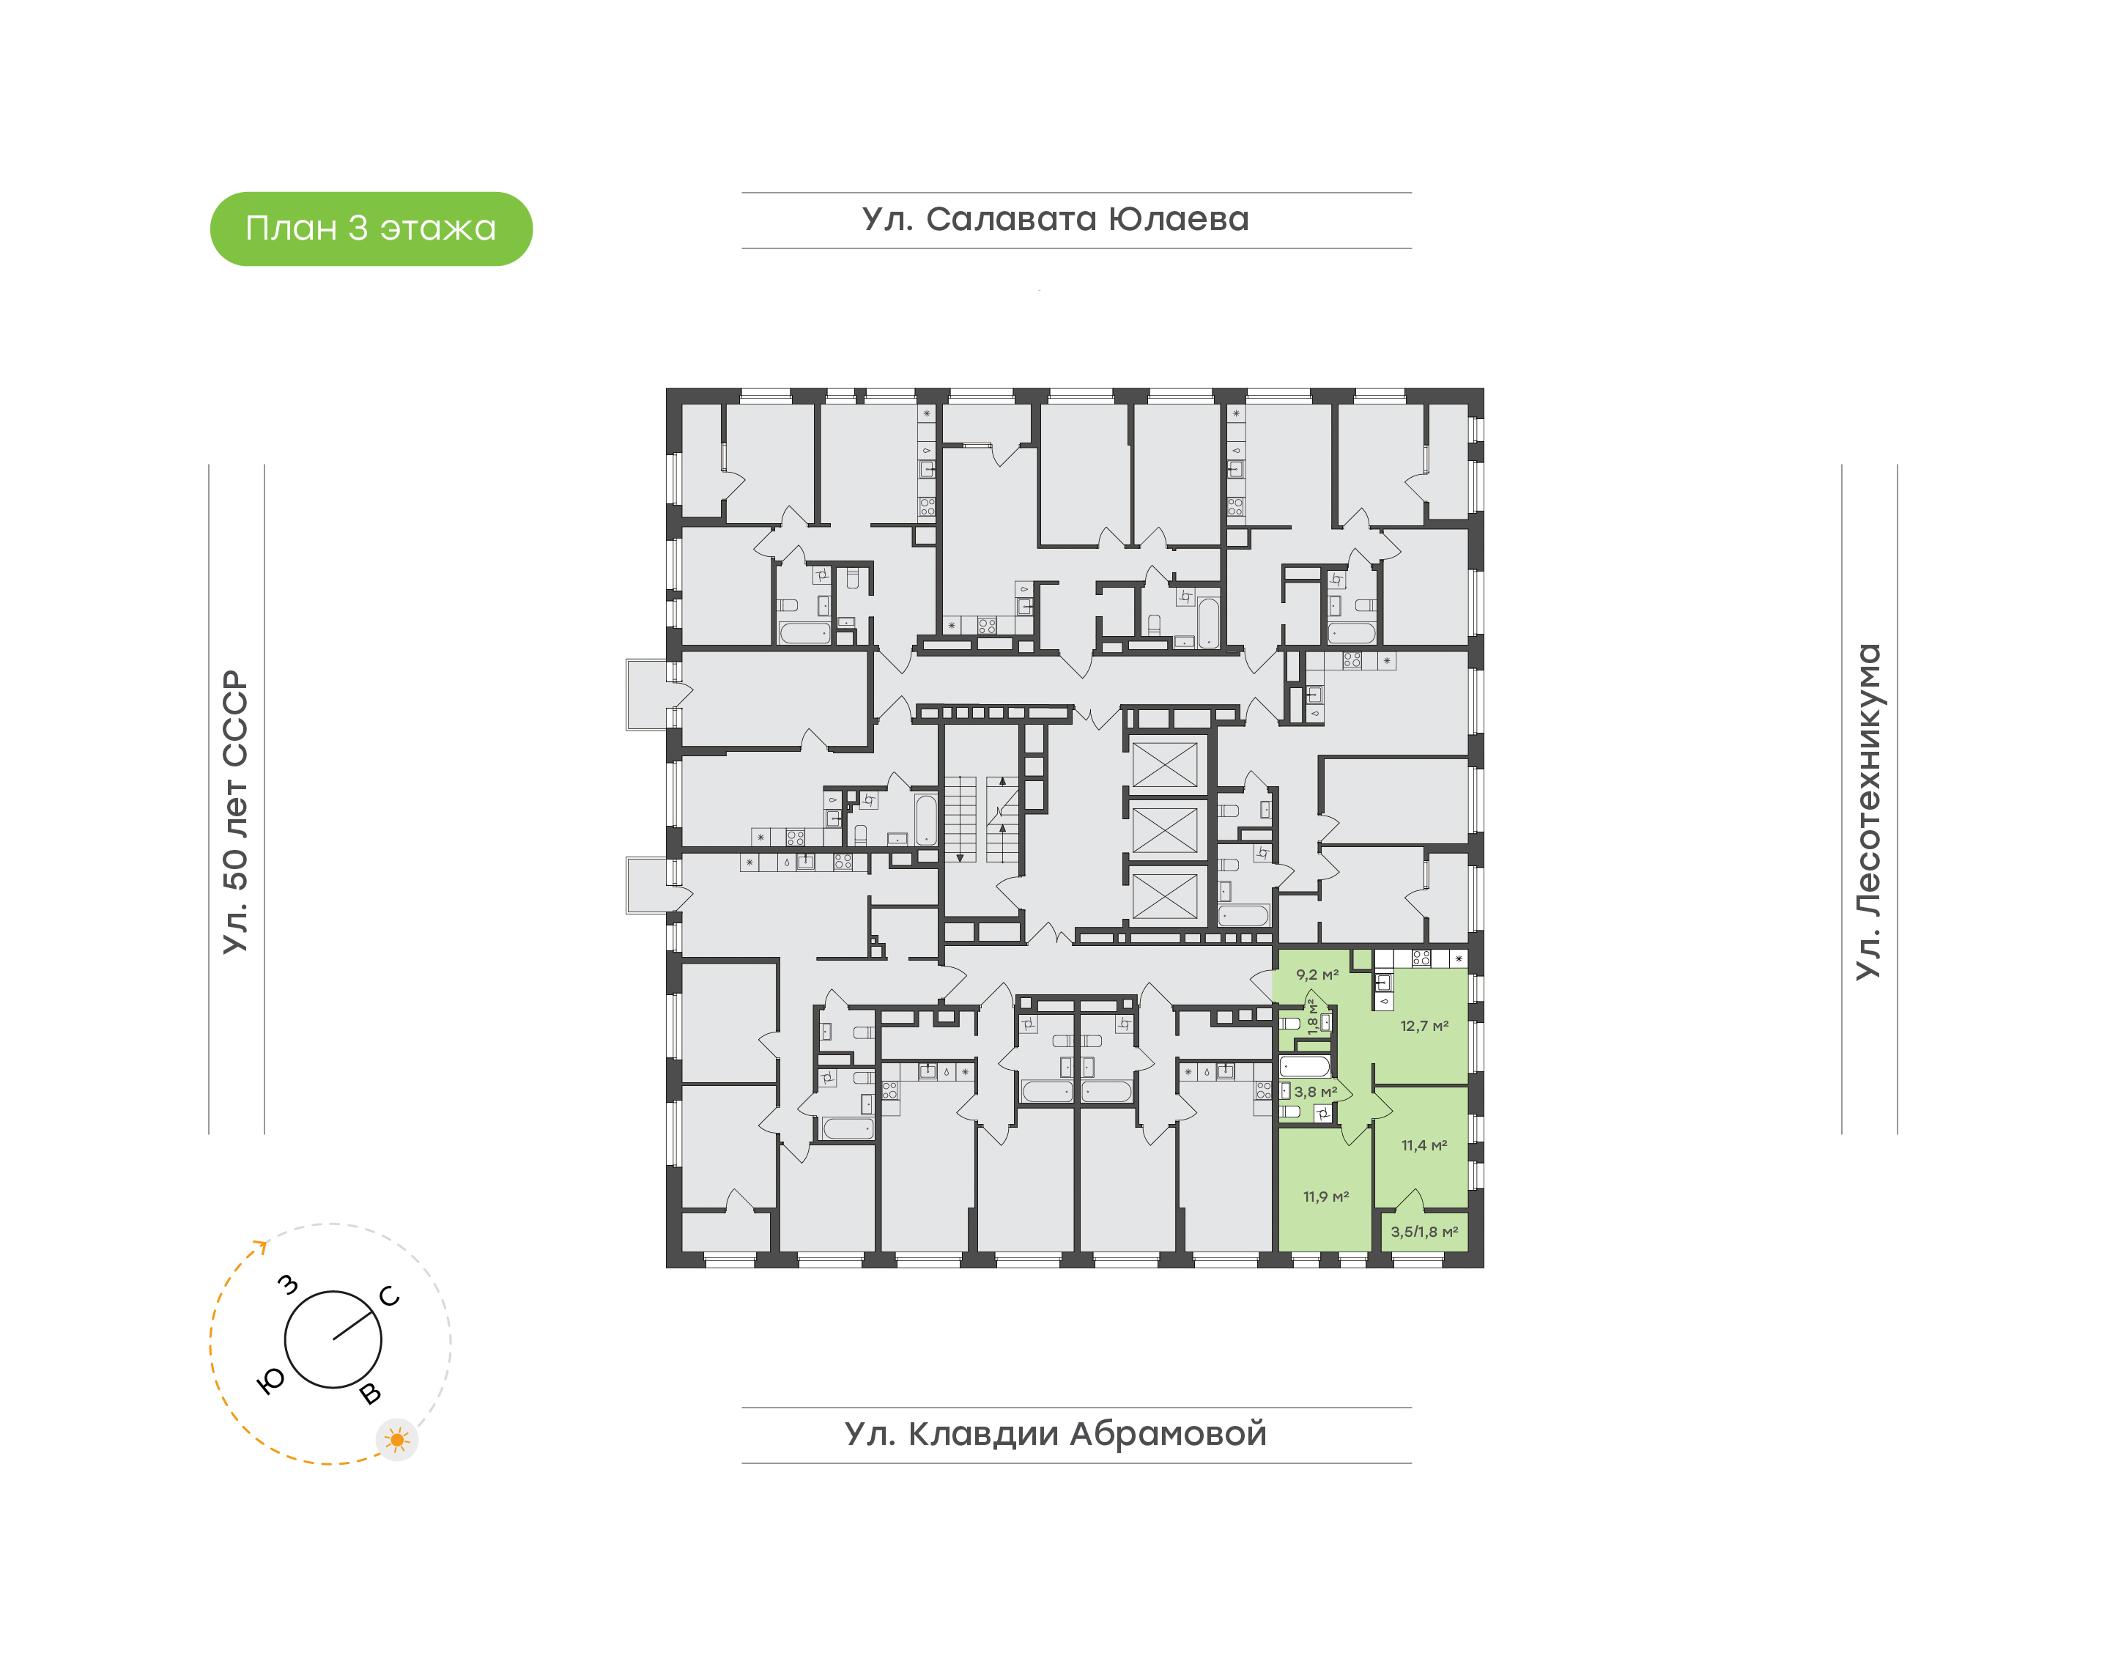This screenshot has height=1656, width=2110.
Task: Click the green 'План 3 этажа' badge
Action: pos(371,229)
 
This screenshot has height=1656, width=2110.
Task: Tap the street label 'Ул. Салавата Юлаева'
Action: pos(1056,219)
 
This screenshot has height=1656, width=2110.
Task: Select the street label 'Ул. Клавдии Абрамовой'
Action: pos(1056,1434)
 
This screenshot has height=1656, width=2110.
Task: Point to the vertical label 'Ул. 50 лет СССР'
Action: pos(235,812)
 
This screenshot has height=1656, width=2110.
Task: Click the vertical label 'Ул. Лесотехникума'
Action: pos(1867,812)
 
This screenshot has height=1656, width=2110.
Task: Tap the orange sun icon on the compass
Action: pos(396,1440)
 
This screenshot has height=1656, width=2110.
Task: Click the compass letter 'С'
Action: pos(390,1296)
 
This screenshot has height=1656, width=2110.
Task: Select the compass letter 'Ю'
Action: pos(271,1382)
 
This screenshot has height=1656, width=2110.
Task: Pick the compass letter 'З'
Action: pos(288,1284)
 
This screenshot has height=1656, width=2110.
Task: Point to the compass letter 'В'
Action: pos(370,1394)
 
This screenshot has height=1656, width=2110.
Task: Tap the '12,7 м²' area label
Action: pos(1424,1026)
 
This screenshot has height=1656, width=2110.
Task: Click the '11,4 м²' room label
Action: pos(1424,1145)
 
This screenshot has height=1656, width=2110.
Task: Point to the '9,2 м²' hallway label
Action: pos(1317,975)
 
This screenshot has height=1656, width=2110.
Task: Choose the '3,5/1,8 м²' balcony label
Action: pos(1424,1231)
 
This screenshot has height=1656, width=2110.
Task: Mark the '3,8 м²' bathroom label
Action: pos(1315,1092)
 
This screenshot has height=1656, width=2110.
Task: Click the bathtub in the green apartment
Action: pos(1306,1068)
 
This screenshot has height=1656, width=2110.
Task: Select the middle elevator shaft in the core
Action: pos(1165,831)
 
